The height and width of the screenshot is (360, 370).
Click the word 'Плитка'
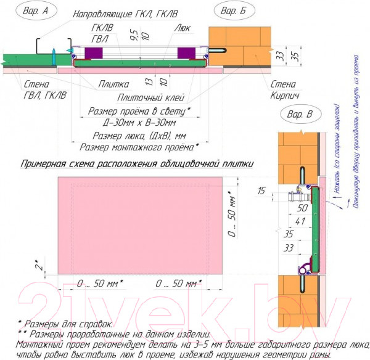(113, 84)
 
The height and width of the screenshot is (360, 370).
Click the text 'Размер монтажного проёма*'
(139, 147)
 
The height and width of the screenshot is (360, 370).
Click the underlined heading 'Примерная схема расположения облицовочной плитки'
(138, 164)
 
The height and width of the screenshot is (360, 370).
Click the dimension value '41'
(300, 220)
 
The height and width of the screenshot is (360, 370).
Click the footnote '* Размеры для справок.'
(65, 322)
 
